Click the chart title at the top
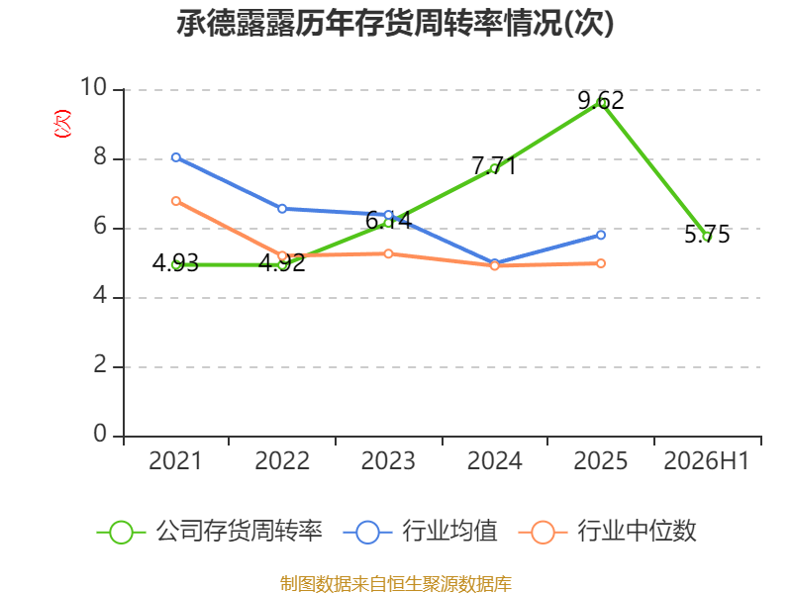[395, 23]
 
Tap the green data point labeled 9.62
[601, 103]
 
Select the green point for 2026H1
[707, 237]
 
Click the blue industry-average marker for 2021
[176, 157]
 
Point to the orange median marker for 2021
[176, 201]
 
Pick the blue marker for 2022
[282, 209]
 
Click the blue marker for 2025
[601, 235]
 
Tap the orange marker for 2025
[601, 263]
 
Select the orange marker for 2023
[388, 253]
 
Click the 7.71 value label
[494, 165]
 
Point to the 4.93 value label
[175, 263]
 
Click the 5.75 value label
[707, 235]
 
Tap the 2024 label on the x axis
[494, 460]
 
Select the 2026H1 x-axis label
[707, 460]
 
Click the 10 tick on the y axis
[94, 87]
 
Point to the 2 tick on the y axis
[100, 364]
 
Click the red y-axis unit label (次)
[62, 123]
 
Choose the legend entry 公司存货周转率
[209, 532]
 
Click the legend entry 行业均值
[420, 532]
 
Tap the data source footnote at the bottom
[395, 584]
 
